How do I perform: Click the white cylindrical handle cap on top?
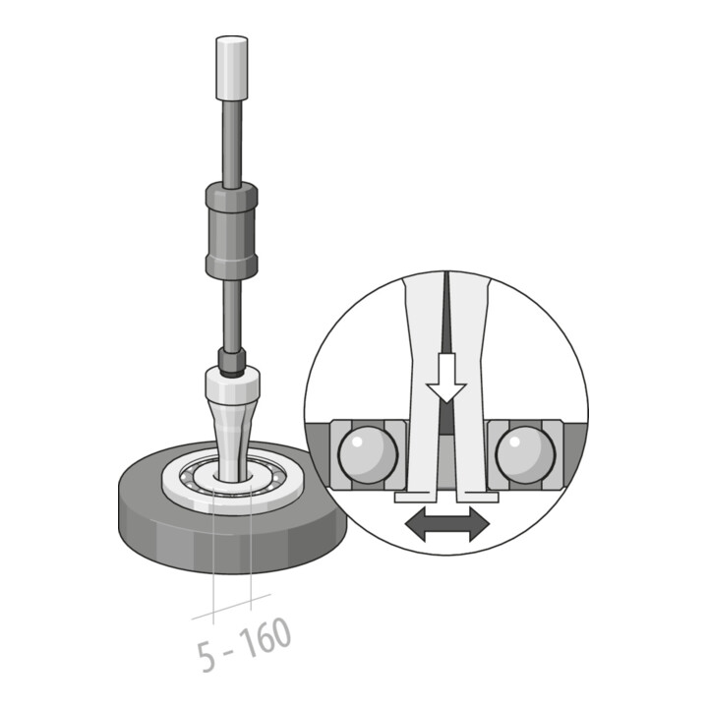[232, 68]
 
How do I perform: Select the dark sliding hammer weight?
[232, 230]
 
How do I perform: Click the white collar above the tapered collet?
[232, 383]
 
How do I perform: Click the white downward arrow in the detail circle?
[446, 378]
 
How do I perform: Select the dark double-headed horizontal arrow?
[447, 524]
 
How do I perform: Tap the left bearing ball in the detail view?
[368, 454]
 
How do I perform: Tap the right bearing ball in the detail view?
[525, 454]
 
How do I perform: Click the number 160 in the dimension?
[265, 638]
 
